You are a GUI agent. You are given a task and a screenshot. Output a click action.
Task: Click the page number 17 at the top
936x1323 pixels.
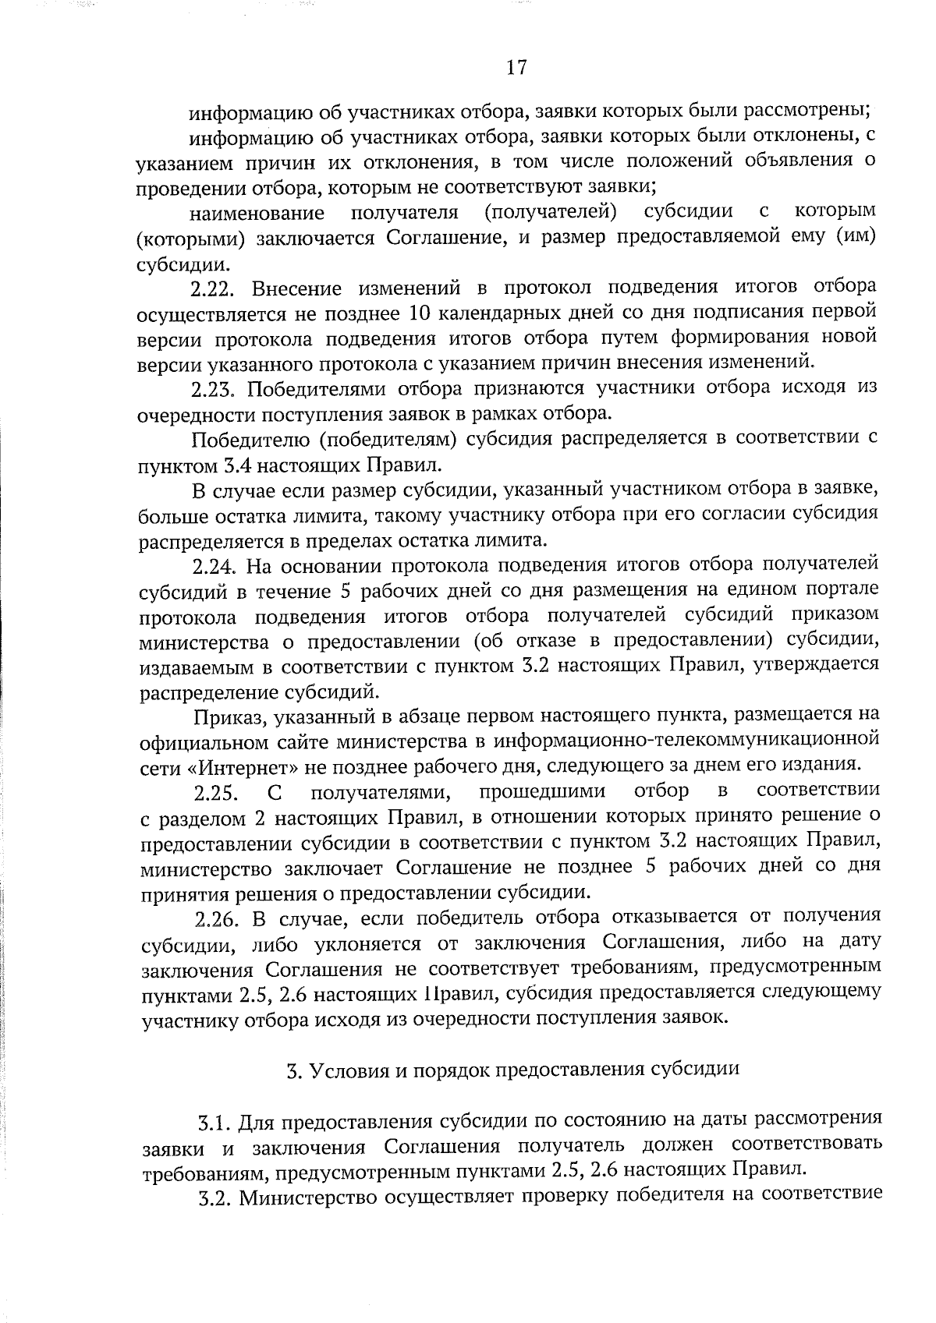tap(516, 68)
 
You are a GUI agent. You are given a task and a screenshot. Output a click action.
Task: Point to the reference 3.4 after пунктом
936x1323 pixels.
tap(231, 466)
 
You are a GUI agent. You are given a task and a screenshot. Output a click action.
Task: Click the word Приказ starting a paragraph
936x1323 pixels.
tap(226, 715)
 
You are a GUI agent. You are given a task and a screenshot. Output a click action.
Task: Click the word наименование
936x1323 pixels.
tap(257, 213)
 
